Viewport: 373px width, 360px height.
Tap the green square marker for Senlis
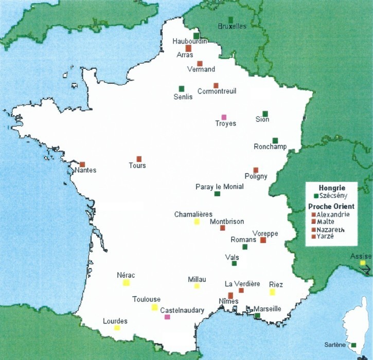(181, 88)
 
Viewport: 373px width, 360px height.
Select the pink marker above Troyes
(224, 117)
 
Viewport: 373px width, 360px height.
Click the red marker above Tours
(139, 159)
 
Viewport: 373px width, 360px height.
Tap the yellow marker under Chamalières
(197, 222)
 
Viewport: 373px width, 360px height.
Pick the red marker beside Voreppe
(263, 240)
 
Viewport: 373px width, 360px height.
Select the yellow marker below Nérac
(126, 282)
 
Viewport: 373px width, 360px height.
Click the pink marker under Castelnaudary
(167, 317)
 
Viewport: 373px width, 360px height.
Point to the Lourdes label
(115, 321)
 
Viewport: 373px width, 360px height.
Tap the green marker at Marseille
(257, 315)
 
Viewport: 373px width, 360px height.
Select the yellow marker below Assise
(363, 263)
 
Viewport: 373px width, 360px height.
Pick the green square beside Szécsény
(315, 196)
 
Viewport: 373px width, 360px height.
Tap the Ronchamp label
(270, 147)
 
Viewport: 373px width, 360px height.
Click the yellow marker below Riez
(272, 292)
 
